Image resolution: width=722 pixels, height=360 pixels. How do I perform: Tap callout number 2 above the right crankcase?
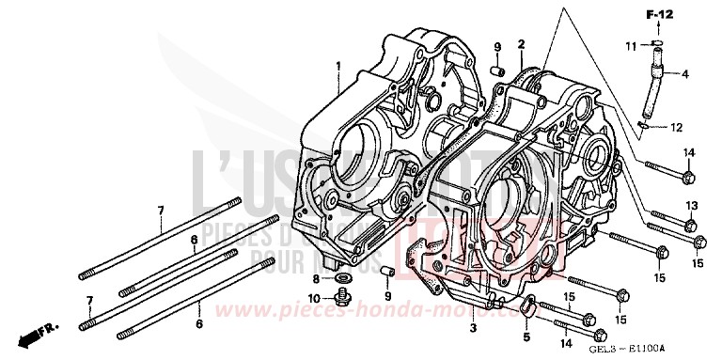521,43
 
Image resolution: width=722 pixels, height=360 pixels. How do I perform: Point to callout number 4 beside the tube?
683,73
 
